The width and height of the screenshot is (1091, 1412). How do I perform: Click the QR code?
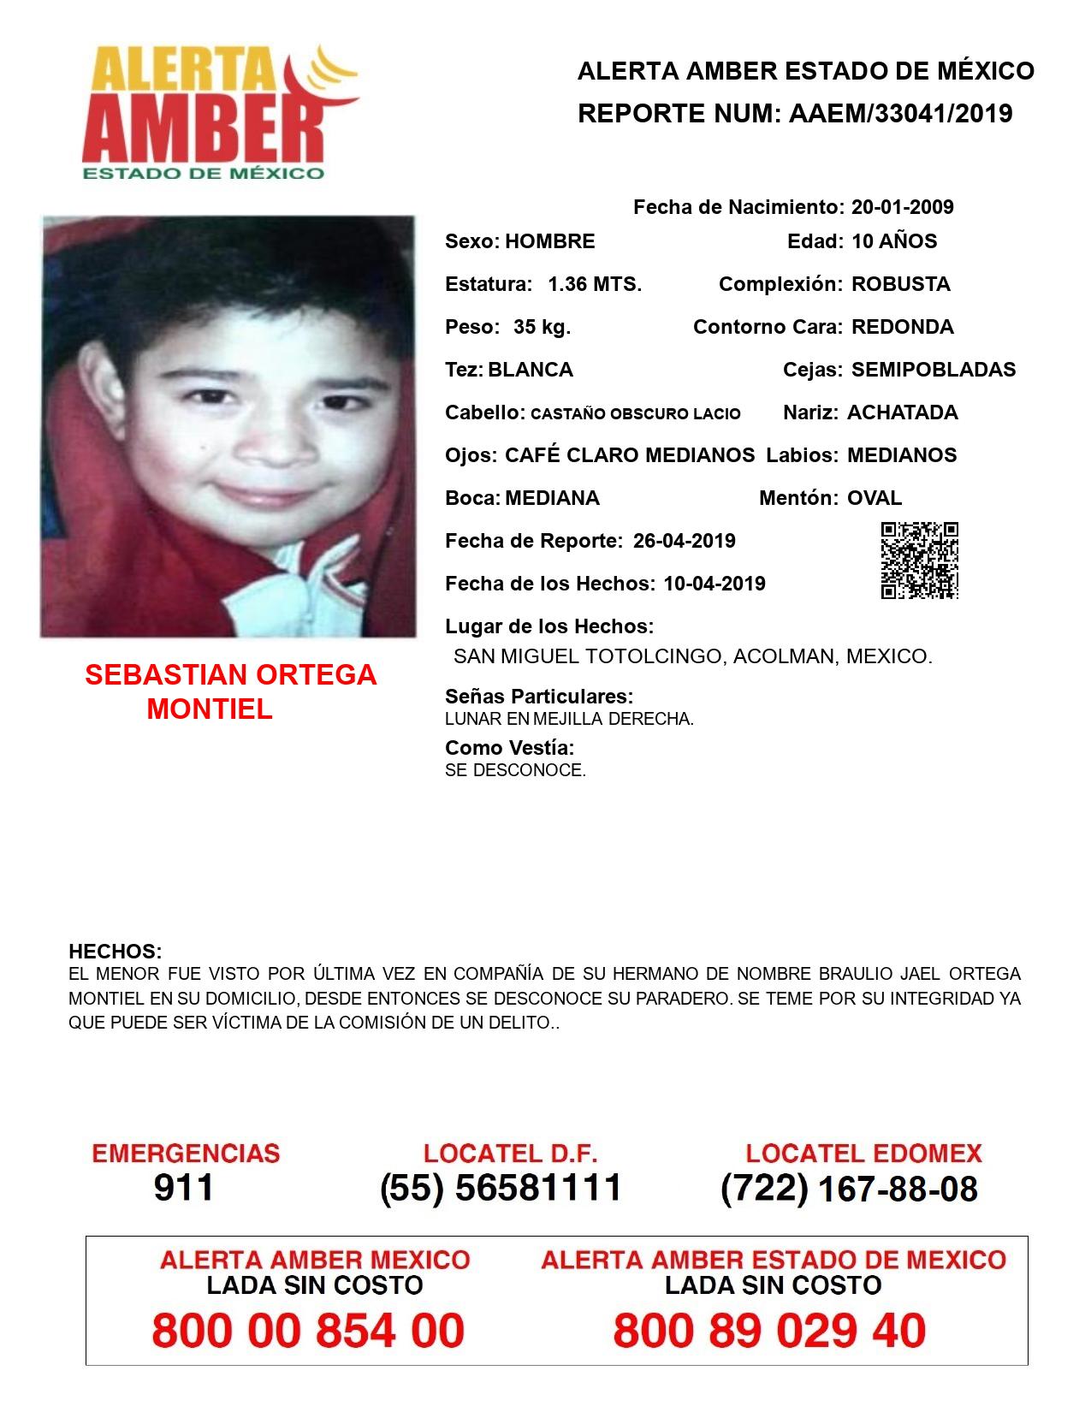click(919, 561)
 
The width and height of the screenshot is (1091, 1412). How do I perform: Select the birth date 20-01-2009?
click(902, 207)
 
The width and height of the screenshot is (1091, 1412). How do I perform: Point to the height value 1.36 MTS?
click(595, 284)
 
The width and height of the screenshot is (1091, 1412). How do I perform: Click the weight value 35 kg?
click(542, 327)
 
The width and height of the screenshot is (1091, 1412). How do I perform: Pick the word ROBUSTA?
click(900, 284)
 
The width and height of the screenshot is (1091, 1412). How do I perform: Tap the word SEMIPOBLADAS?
click(934, 370)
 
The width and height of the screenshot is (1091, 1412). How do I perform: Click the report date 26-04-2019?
click(684, 541)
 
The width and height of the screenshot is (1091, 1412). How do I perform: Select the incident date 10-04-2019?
click(714, 584)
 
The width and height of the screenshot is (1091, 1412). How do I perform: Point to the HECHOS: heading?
click(115, 952)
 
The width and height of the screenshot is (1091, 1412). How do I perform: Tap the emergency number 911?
click(184, 1188)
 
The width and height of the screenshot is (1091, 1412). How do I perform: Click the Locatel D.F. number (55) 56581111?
click(501, 1188)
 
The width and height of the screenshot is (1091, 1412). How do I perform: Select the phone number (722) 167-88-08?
click(849, 1189)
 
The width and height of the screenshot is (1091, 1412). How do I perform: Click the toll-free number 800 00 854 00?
click(308, 1331)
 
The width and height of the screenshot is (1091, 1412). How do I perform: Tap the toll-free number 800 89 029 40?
click(769, 1331)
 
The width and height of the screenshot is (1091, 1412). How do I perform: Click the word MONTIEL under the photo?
click(210, 709)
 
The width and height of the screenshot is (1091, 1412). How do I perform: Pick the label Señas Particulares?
click(539, 697)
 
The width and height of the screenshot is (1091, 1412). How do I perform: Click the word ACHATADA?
click(902, 412)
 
